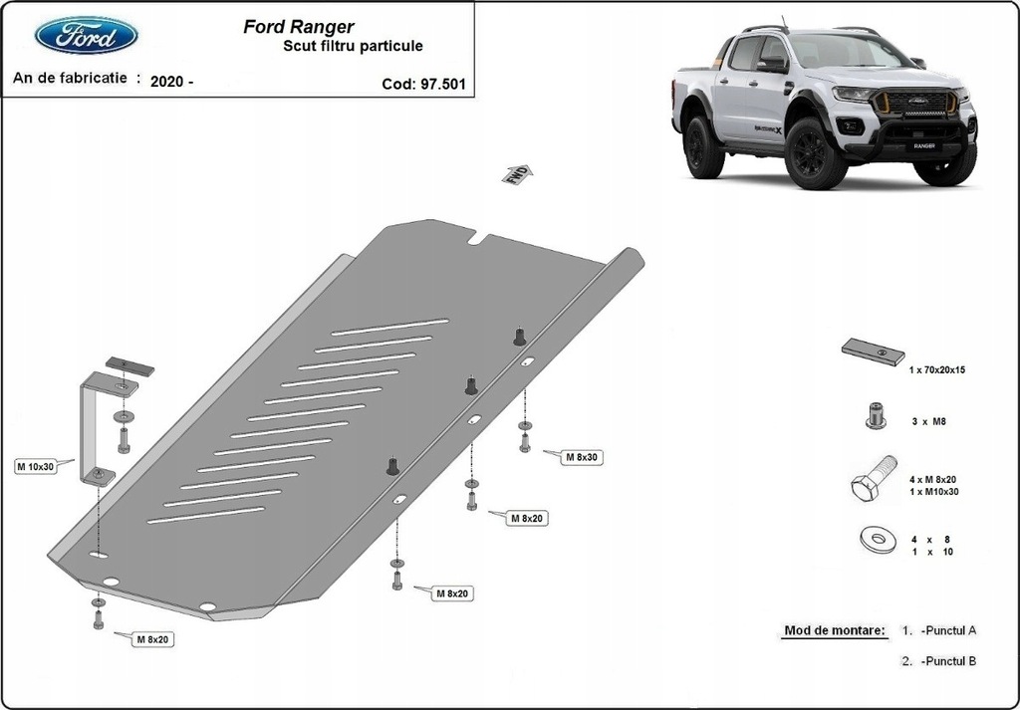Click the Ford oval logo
tap(87, 36)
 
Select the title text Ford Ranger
tap(298, 27)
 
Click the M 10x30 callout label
tap(34, 466)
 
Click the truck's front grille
tap(913, 105)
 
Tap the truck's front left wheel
tap(816, 154)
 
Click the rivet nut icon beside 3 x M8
tap(875, 415)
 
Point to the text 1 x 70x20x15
tap(937, 369)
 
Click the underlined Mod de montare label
tap(834, 631)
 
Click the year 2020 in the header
tap(166, 83)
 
